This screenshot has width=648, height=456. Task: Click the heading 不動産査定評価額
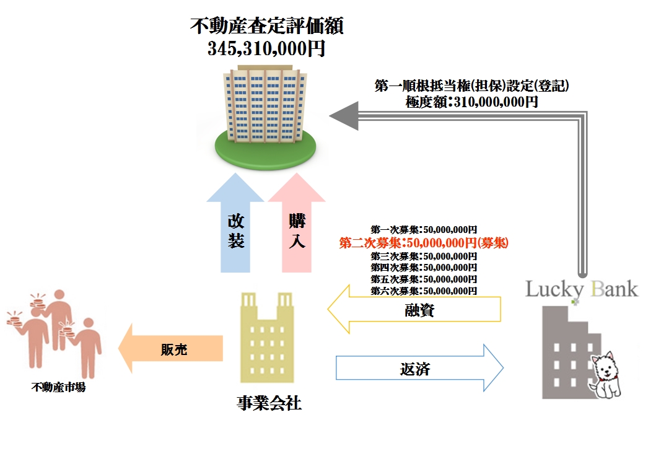[267, 27]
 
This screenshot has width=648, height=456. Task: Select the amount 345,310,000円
[266, 48]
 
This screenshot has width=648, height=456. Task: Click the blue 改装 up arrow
[235, 229]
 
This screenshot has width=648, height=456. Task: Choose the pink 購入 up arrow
[297, 229]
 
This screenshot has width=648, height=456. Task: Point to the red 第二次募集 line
[424, 242]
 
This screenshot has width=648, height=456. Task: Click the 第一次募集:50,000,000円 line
[424, 229]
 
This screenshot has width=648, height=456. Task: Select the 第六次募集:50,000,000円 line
[424, 290]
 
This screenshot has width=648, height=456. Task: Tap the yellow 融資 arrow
[415, 310]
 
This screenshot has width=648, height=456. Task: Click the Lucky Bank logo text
[581, 289]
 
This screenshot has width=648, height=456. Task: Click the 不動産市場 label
[58, 388]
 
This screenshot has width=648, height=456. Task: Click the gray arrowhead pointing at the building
[344, 116]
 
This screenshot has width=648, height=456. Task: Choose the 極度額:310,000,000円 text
[472, 102]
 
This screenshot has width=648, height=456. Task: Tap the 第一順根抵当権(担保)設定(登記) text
[472, 87]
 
